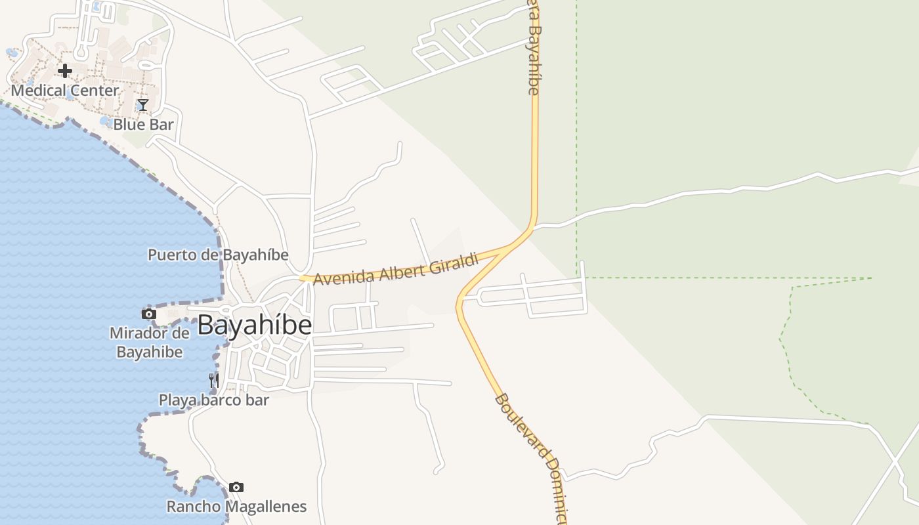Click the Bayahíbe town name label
pos(254,325)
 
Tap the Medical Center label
pos(65,91)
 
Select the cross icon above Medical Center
pos(65,70)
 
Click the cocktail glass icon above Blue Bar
pos(143,104)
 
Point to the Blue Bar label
pos(143,124)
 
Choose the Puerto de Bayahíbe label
pos(218,255)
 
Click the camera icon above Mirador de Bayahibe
pos(149,314)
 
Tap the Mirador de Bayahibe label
pos(150,342)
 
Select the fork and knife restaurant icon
pos(213,380)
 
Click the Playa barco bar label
pos(214,400)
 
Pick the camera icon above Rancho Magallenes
pos(236,487)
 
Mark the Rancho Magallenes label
pos(236,507)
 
